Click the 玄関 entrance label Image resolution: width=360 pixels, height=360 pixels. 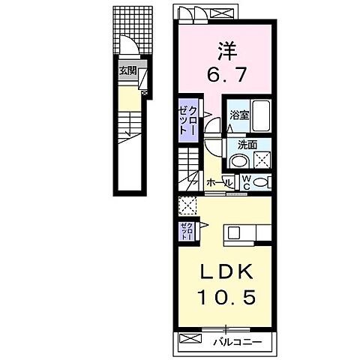(127, 71)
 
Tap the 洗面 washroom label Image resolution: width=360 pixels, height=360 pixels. (247, 145)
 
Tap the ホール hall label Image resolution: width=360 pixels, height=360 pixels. (214, 181)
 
